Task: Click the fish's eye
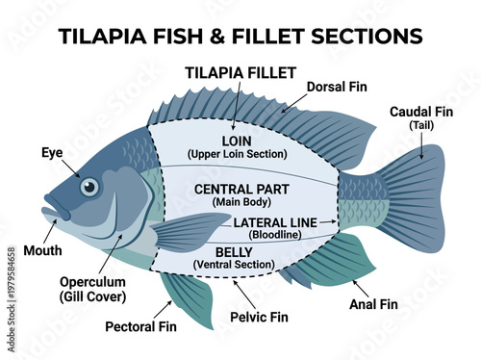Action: pos(89,187)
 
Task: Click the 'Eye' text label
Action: pos(53,152)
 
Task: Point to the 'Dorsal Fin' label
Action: pos(338,87)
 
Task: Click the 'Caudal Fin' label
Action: pos(421,112)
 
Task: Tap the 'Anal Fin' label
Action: pos(374,304)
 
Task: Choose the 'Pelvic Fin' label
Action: pos(260,316)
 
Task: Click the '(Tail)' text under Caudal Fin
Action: pos(421,126)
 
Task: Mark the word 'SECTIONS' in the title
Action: pos(367,36)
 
